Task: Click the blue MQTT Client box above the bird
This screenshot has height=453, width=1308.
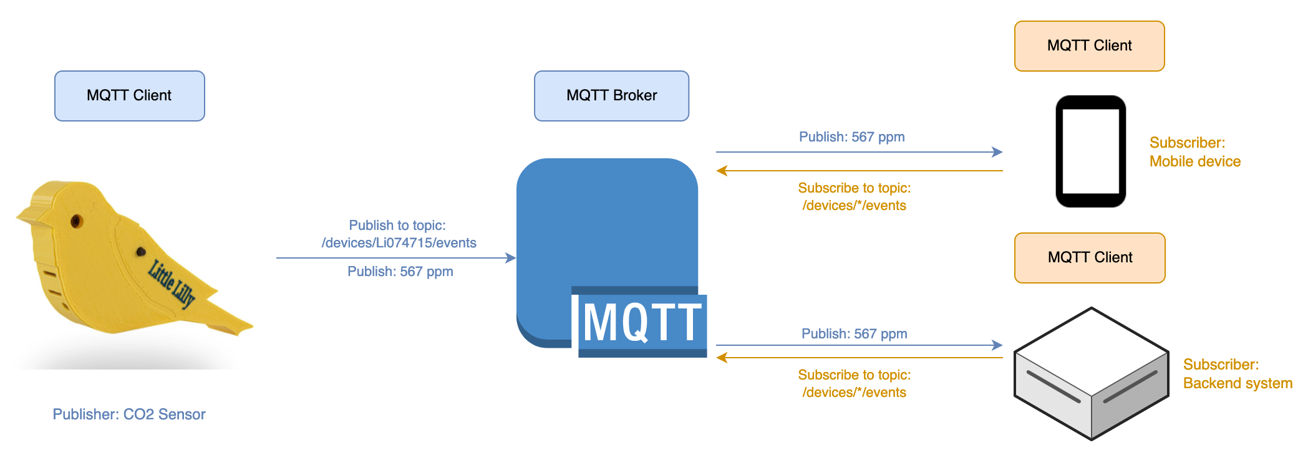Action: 130,96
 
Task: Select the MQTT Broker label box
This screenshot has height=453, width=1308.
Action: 611,96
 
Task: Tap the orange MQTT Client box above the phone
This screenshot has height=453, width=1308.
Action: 1089,46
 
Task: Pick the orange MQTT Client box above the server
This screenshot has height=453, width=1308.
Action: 1090,258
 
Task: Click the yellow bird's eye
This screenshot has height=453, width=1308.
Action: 77,221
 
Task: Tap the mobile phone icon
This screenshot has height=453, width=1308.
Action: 1090,151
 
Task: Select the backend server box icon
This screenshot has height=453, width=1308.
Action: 1091,374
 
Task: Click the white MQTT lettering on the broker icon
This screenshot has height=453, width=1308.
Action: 642,322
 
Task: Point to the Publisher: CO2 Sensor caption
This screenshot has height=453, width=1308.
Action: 129,414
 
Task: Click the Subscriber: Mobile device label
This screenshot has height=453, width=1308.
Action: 1194,152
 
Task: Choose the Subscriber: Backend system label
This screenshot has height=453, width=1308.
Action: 1237,374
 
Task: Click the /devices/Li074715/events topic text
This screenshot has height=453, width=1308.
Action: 399,243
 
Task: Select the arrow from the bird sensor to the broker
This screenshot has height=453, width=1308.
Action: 395,258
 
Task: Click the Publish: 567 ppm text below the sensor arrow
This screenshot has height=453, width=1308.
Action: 400,272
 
